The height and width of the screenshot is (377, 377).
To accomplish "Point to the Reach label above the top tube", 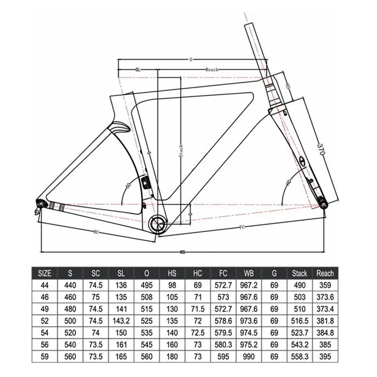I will [212, 70].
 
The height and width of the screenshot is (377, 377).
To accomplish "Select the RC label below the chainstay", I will [96, 232].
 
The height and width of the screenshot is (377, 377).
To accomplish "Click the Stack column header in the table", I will [299, 273].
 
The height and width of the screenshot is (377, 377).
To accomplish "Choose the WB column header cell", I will [247, 273].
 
